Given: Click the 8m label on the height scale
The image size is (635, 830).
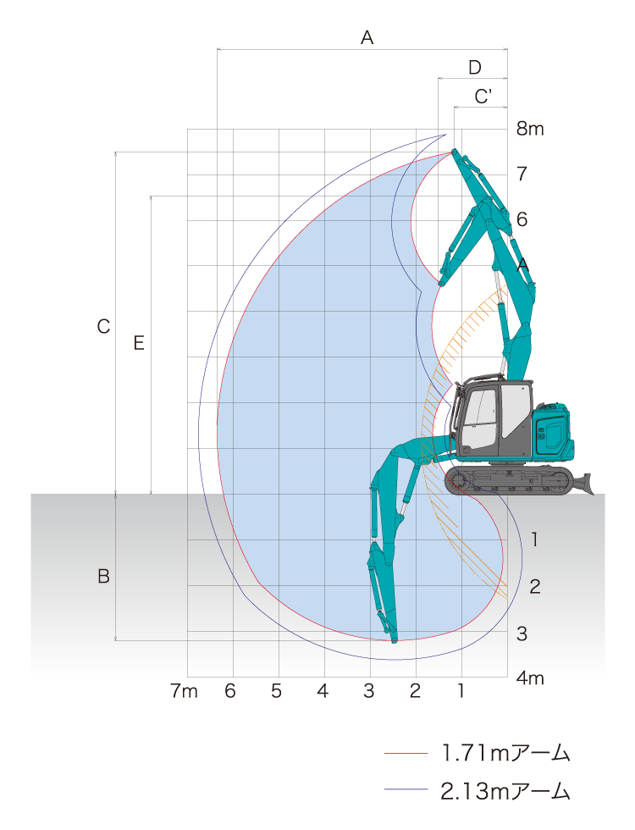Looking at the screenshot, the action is coord(530,129).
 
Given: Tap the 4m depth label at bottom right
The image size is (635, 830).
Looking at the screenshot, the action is coord(530,678).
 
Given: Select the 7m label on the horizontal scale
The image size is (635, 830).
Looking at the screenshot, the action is coord(184,691).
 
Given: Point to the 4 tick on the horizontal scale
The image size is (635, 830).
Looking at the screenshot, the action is coord(323,691).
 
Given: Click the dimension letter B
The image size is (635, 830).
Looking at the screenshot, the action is coord(103,576).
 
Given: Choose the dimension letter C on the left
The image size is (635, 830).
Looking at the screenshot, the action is coord(103,327).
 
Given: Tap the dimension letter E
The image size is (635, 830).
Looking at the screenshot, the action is coord(139,343).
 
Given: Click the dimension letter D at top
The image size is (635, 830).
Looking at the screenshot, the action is coord(475,67).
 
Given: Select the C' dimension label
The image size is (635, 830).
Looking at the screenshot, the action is coord(483,97).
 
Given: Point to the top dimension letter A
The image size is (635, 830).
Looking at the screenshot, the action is coord(367,37).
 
